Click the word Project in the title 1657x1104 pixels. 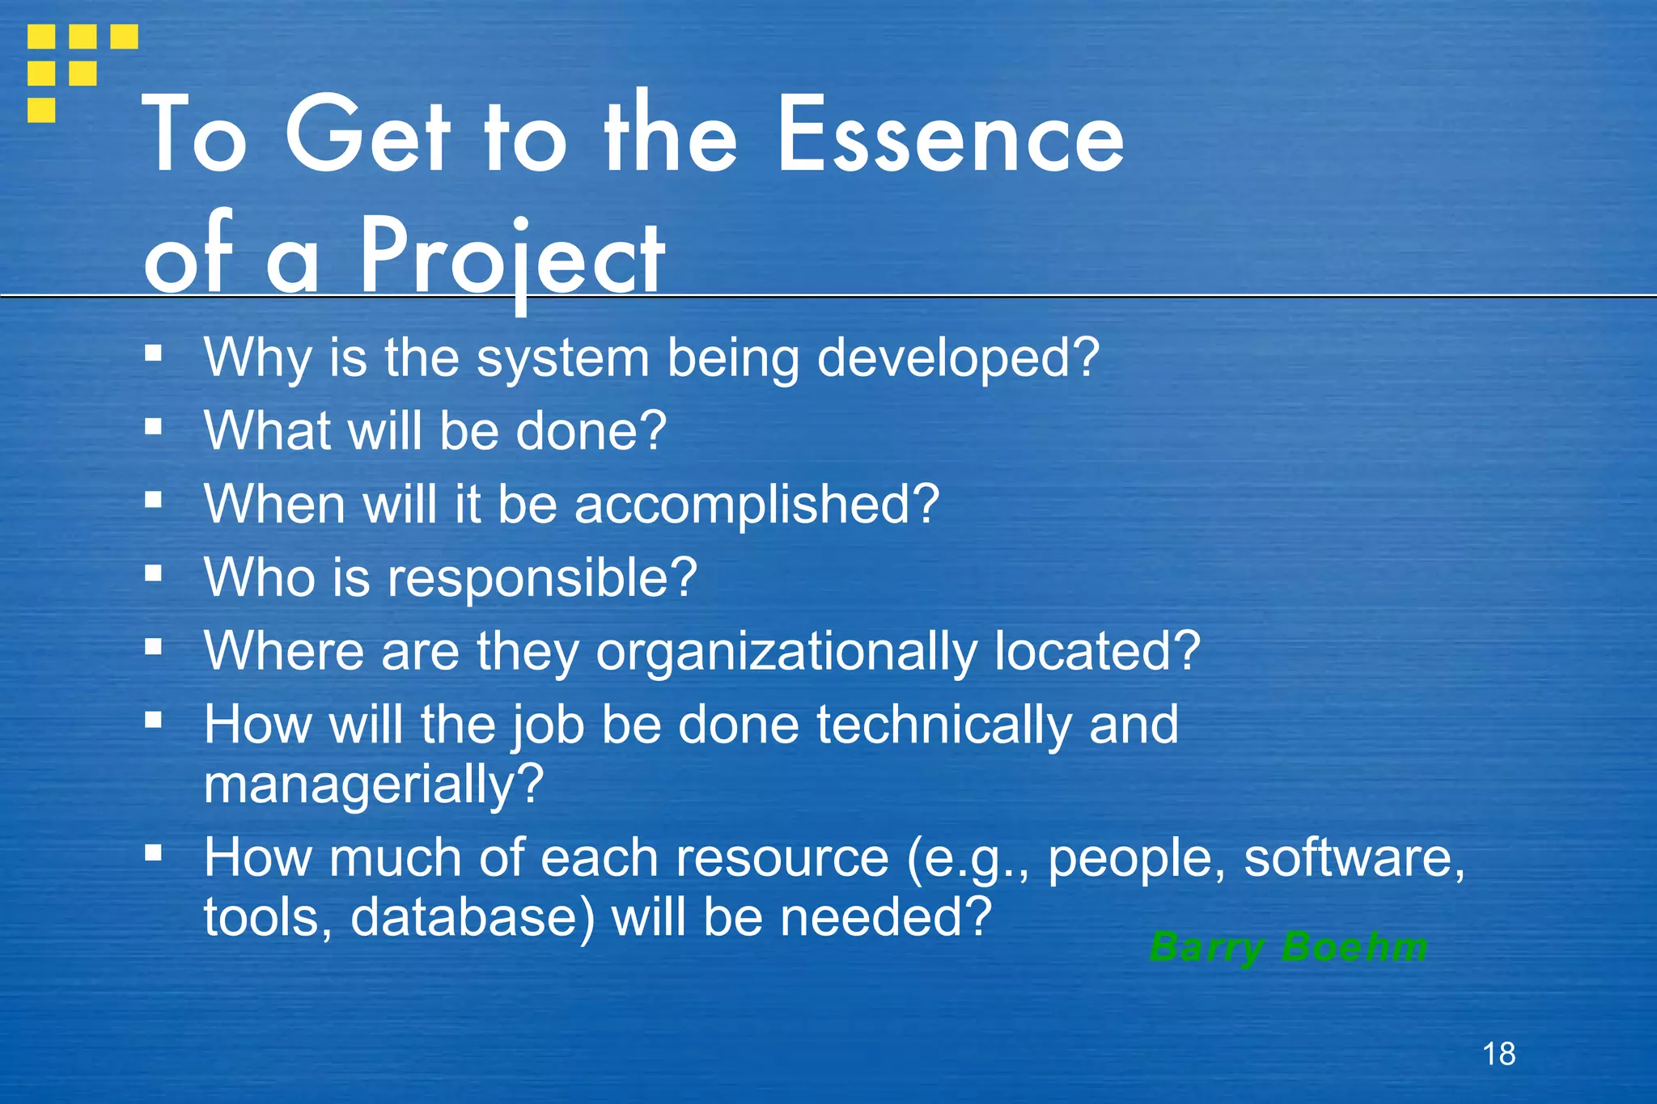click(512, 257)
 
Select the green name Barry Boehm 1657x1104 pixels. click(1288, 947)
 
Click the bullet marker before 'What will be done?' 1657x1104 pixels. click(154, 426)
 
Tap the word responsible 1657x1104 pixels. click(542, 578)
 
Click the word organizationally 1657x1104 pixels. click(786, 652)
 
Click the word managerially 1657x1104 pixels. click(373, 784)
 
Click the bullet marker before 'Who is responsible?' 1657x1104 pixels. click(154, 573)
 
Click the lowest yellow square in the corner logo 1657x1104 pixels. click(41, 110)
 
